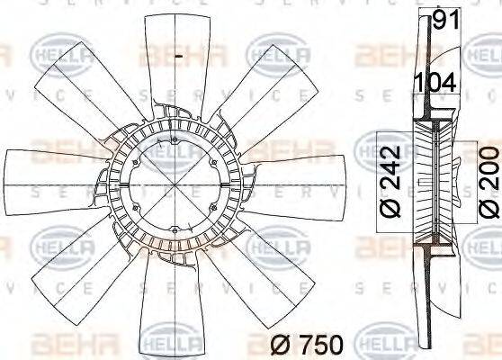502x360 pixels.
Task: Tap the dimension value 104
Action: pos(435,82)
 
